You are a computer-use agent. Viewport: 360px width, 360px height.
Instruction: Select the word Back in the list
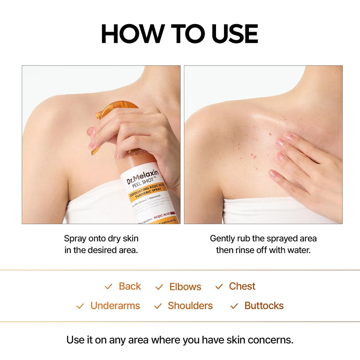(130, 287)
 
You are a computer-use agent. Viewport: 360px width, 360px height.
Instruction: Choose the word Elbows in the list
(185, 287)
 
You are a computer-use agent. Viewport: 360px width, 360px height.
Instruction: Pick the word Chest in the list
(242, 287)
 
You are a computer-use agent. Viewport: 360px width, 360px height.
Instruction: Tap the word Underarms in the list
(115, 306)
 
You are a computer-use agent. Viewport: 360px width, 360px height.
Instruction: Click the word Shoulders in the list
(190, 306)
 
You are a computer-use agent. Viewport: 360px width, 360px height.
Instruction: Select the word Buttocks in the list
(264, 306)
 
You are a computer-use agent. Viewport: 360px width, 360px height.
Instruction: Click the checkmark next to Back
(108, 287)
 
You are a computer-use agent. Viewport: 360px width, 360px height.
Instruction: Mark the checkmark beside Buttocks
(234, 306)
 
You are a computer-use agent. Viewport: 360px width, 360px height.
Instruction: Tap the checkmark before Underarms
(80, 306)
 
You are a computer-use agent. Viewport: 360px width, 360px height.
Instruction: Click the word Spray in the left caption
(75, 238)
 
